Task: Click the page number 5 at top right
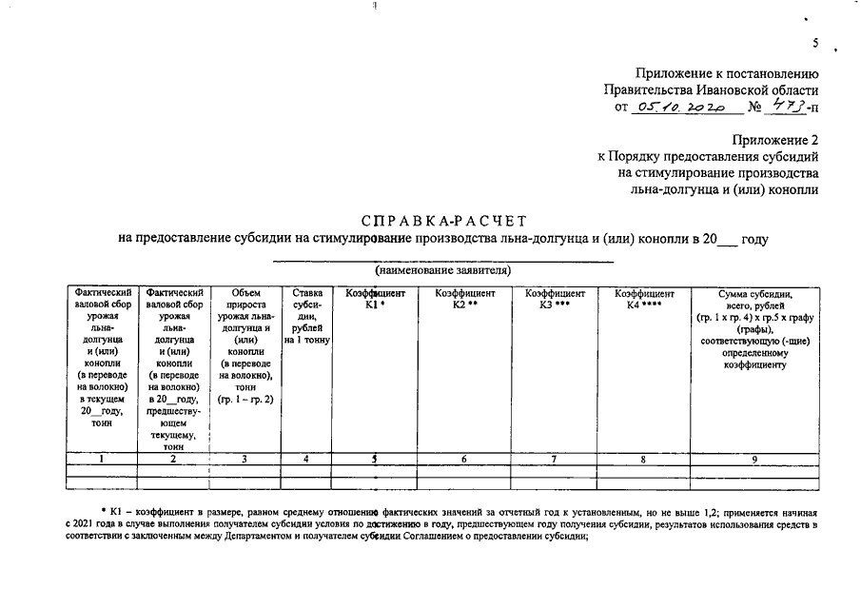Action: coord(815,44)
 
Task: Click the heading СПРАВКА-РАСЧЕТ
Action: coord(443,221)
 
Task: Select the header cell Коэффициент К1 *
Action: coord(375,299)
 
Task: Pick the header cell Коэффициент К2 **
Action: coord(464,299)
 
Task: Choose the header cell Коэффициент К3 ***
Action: coord(555,299)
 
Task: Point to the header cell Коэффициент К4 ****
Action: coord(644,299)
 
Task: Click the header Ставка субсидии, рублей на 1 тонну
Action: coord(305,316)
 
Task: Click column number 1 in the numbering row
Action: coord(102,460)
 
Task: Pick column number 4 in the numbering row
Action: coord(305,460)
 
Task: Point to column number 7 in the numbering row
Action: coord(555,460)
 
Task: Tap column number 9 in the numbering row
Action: coord(754,460)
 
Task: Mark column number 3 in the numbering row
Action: coord(245,460)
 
